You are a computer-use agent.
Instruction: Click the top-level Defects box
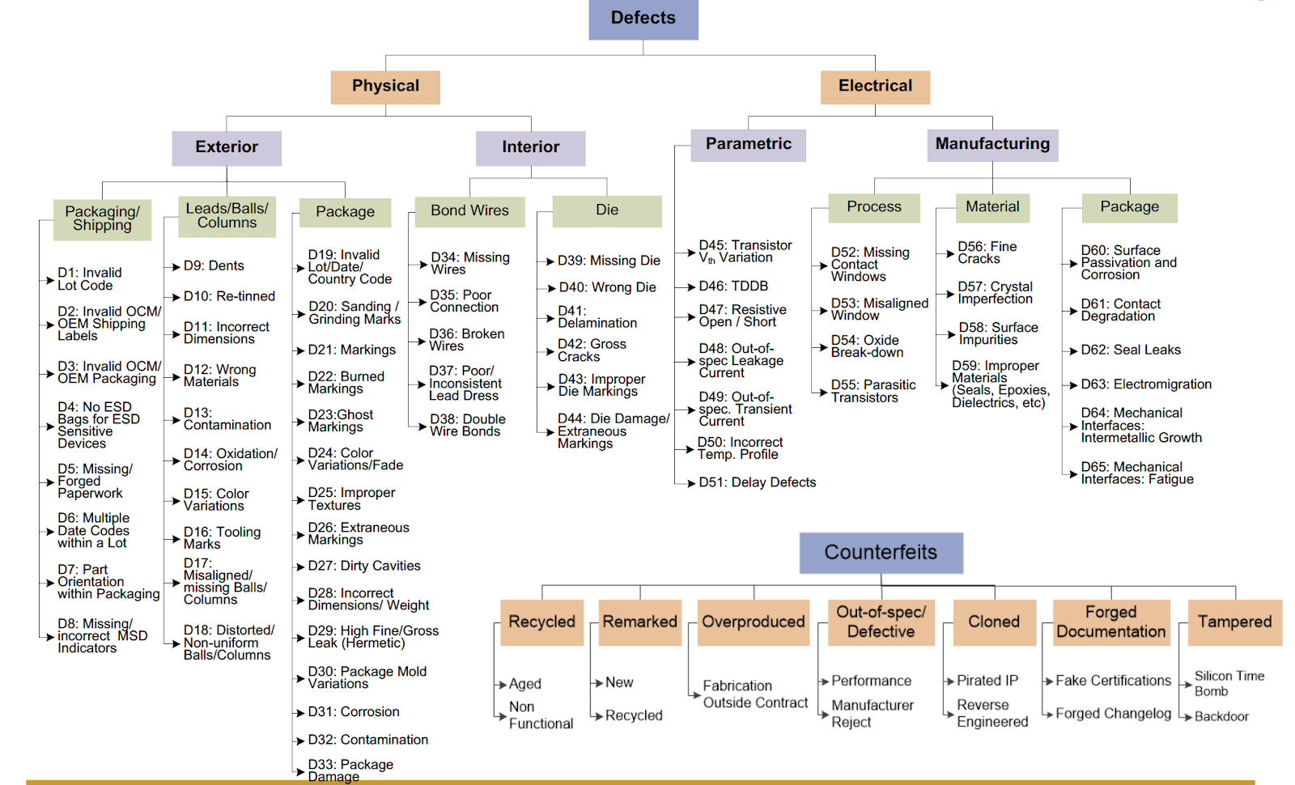643,19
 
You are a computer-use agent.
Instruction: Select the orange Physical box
385,87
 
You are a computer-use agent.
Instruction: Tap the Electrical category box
875,87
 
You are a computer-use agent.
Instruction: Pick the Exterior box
227,147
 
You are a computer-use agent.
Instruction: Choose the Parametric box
748,144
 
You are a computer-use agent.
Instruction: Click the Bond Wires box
469,210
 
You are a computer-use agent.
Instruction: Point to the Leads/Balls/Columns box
227,215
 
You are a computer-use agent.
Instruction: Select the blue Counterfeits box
881,553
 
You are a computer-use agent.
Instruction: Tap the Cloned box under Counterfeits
994,622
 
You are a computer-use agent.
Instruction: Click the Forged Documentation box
1111,622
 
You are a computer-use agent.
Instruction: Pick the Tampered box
1234,622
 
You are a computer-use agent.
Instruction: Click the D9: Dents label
214,265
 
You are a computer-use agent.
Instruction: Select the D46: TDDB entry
733,286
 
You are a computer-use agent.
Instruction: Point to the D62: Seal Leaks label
1131,350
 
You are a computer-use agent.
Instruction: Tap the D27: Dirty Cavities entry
364,566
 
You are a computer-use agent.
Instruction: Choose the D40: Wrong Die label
607,287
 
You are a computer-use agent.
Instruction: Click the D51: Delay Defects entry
758,482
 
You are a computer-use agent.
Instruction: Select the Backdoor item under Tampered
1221,716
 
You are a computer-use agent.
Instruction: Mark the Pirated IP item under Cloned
987,681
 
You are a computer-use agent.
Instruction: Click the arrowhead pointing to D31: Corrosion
299,713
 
